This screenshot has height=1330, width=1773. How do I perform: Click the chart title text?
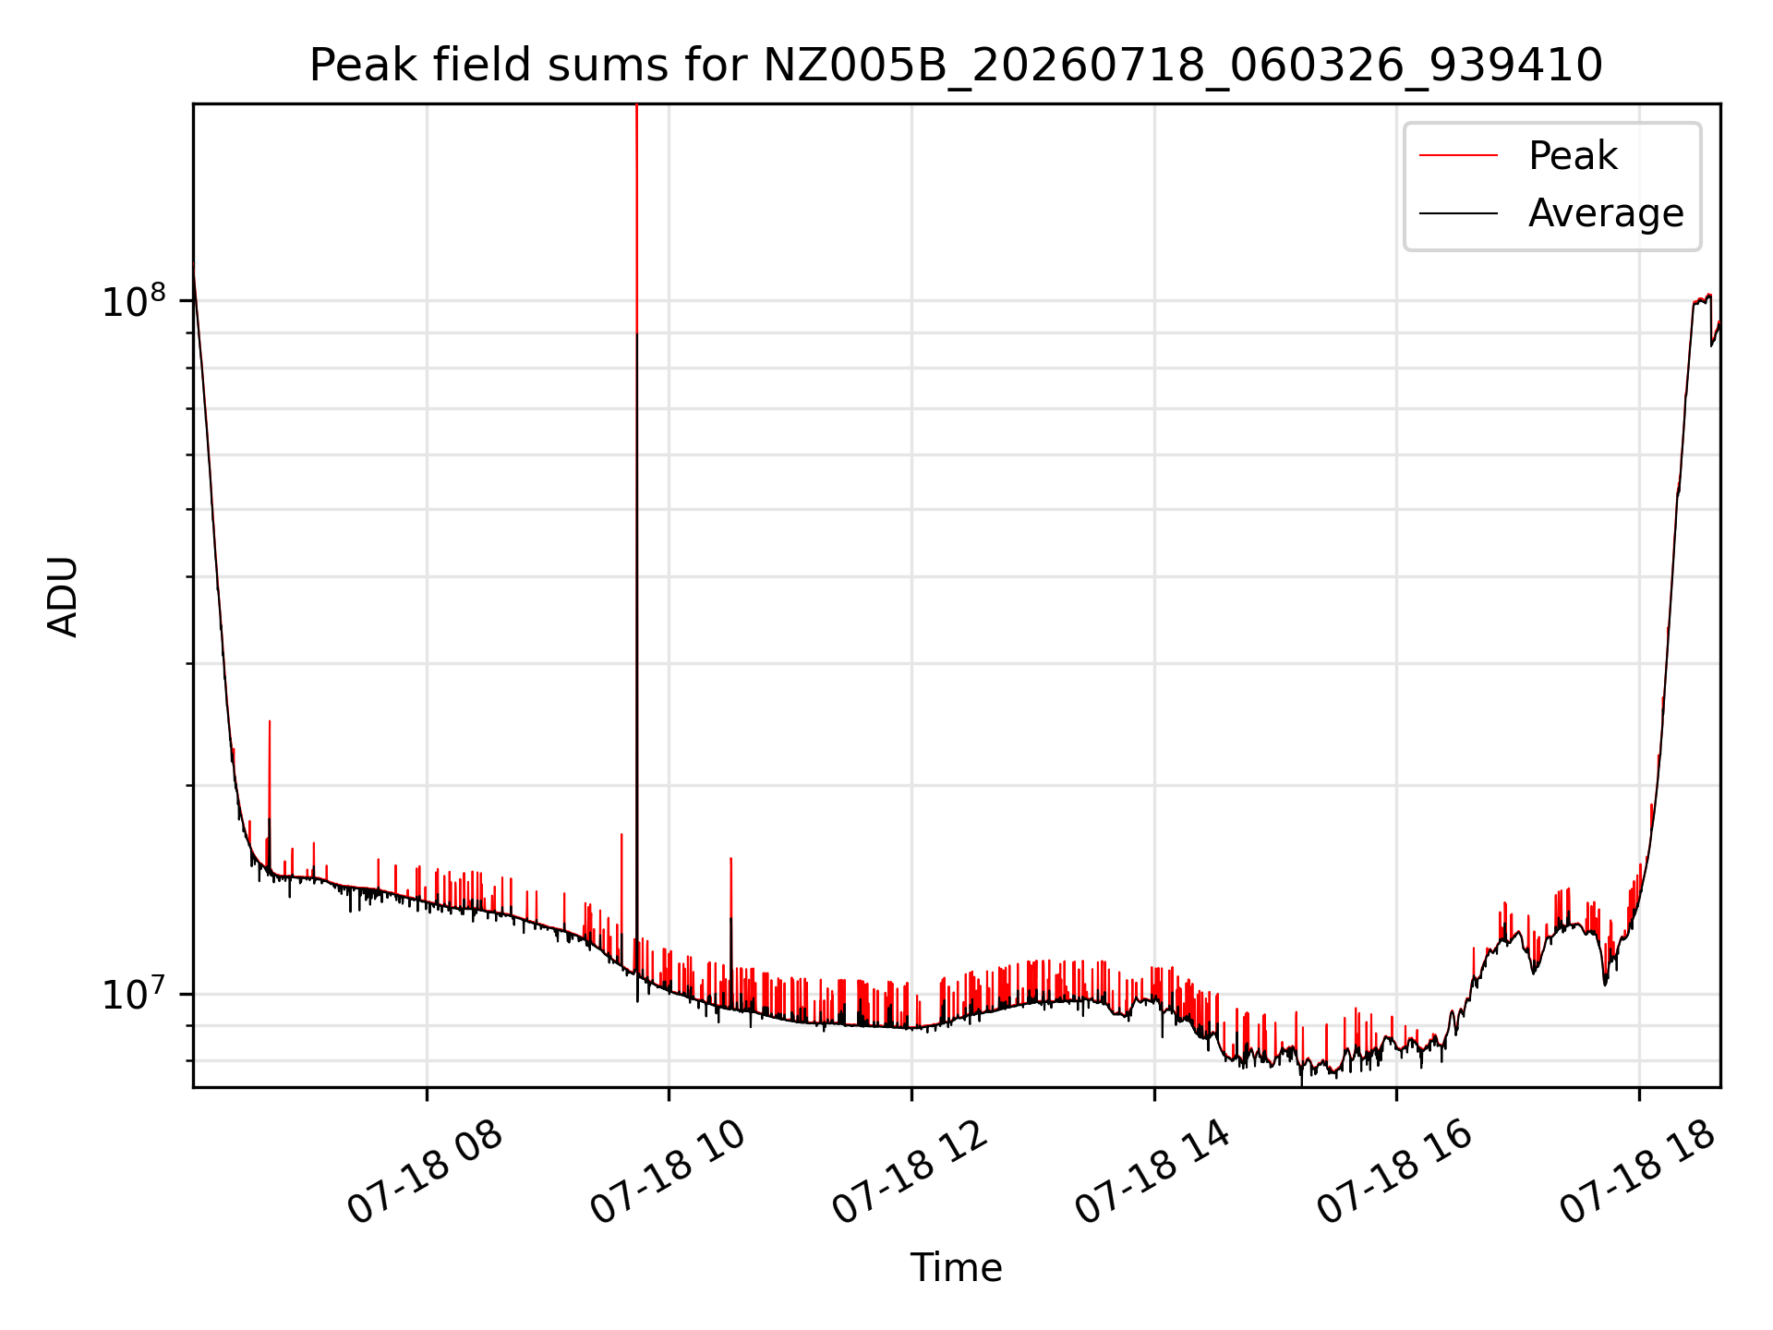coord(956,66)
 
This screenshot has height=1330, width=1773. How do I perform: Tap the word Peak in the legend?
coord(1573,155)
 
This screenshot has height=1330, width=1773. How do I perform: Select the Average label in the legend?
coord(1606,213)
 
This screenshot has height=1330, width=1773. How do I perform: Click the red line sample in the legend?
coord(1458,156)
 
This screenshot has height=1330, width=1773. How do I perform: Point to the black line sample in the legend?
coord(1458,213)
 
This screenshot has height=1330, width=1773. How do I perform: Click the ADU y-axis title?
coord(63,596)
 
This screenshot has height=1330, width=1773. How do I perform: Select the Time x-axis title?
coord(956,1268)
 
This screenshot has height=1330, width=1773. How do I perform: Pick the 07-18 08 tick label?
coord(425,1173)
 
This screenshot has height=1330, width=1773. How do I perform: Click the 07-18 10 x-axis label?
coord(668,1173)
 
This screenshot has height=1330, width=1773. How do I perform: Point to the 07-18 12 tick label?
coord(911,1173)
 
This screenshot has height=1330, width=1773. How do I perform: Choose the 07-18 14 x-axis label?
coord(1153,1173)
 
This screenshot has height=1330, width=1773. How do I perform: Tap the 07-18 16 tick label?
coord(1395,1173)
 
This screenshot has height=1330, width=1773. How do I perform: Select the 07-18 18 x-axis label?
coord(1638,1173)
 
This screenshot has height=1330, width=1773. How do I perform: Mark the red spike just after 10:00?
coord(731,924)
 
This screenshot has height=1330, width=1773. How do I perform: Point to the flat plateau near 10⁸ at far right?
coord(1702,299)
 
